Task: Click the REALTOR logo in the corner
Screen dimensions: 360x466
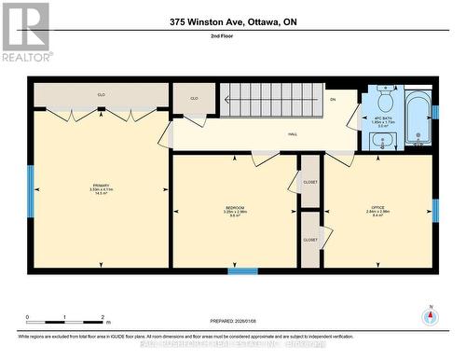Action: [25, 32]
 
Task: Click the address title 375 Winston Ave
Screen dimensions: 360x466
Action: [233, 21]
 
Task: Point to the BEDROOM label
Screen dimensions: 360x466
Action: [234, 209]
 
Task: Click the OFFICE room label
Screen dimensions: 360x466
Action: [377, 209]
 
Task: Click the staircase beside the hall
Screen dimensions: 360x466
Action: [269, 99]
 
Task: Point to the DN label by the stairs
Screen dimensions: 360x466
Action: [332, 99]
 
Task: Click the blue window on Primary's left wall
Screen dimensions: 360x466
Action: [31, 191]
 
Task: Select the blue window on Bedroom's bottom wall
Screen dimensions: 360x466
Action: [242, 271]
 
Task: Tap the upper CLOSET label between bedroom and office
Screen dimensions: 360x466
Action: [309, 182]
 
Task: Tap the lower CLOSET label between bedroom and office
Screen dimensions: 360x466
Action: [309, 240]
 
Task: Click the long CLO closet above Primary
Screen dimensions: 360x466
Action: [101, 95]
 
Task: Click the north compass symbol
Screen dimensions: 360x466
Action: [430, 315]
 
